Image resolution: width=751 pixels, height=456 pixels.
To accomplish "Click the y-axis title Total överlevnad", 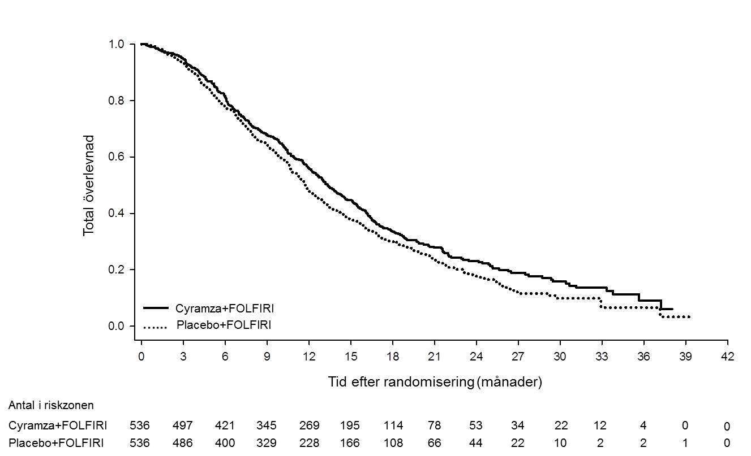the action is [89, 185].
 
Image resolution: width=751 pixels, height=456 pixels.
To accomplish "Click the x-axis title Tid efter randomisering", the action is [401, 381].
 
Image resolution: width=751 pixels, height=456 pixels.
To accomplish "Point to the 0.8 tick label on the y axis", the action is [117, 101].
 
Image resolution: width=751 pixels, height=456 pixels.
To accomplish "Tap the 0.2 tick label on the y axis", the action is [117, 270].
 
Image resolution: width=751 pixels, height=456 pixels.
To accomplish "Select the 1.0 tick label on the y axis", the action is [117, 44].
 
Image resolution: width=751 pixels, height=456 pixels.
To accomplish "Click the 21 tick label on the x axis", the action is [434, 357].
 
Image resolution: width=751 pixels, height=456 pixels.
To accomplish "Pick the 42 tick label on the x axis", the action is [727, 357].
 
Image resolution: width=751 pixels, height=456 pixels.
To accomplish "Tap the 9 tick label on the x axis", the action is [267, 357].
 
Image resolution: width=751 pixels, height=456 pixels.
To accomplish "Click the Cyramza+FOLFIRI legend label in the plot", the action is [224, 309].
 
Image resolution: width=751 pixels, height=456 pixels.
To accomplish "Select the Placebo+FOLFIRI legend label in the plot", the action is [224, 325].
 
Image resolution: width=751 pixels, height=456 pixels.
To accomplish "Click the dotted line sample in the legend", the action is [155, 327].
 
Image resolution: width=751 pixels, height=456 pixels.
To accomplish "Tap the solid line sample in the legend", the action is [156, 308].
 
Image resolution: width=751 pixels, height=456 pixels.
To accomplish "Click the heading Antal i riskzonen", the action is [51, 406].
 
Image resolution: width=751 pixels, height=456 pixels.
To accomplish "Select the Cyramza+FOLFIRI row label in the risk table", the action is [58, 425].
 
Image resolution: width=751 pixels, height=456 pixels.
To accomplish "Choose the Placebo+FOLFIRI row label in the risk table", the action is [56, 443].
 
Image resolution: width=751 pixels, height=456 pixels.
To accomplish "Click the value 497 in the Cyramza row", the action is [183, 425].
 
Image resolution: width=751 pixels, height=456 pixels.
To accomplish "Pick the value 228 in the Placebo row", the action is [309, 443].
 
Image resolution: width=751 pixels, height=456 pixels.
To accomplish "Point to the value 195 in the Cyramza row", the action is [349, 425].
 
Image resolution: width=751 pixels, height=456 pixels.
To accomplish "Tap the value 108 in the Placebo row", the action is [393, 443].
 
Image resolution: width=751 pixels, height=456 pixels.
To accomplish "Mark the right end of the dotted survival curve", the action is [690, 317].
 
